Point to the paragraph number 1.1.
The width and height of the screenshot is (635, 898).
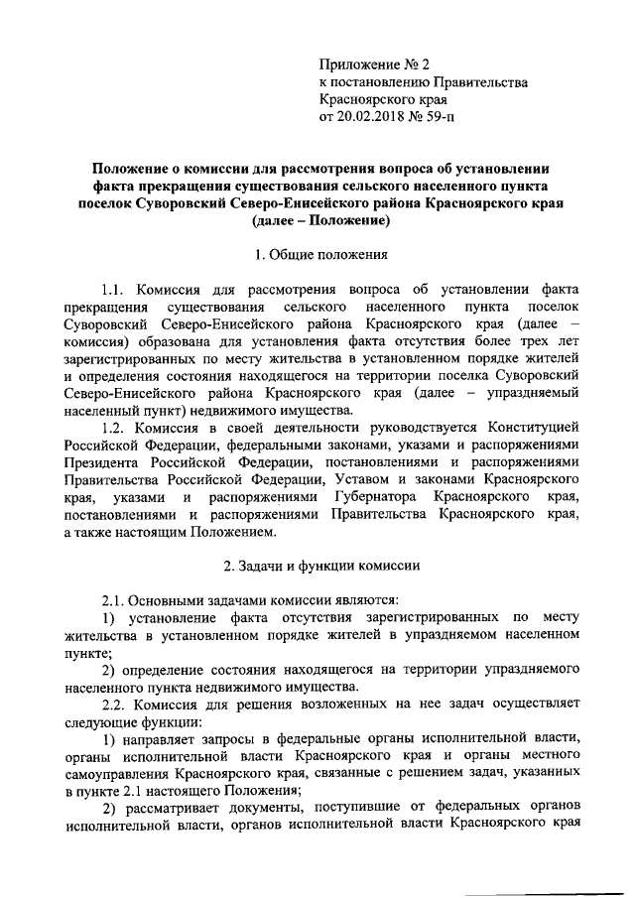(x=115, y=290)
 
